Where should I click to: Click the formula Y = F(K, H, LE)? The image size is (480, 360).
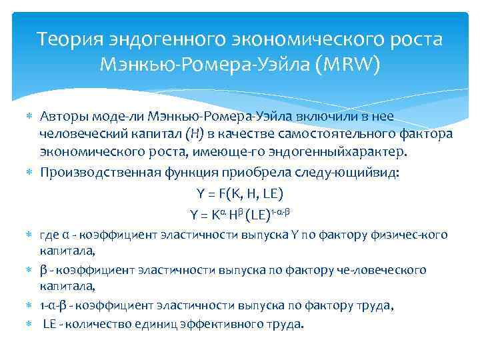point(240,193)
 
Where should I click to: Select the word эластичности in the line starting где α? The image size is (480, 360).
point(177,235)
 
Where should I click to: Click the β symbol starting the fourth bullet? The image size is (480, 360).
point(43,270)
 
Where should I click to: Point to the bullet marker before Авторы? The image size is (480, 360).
point(28,117)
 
